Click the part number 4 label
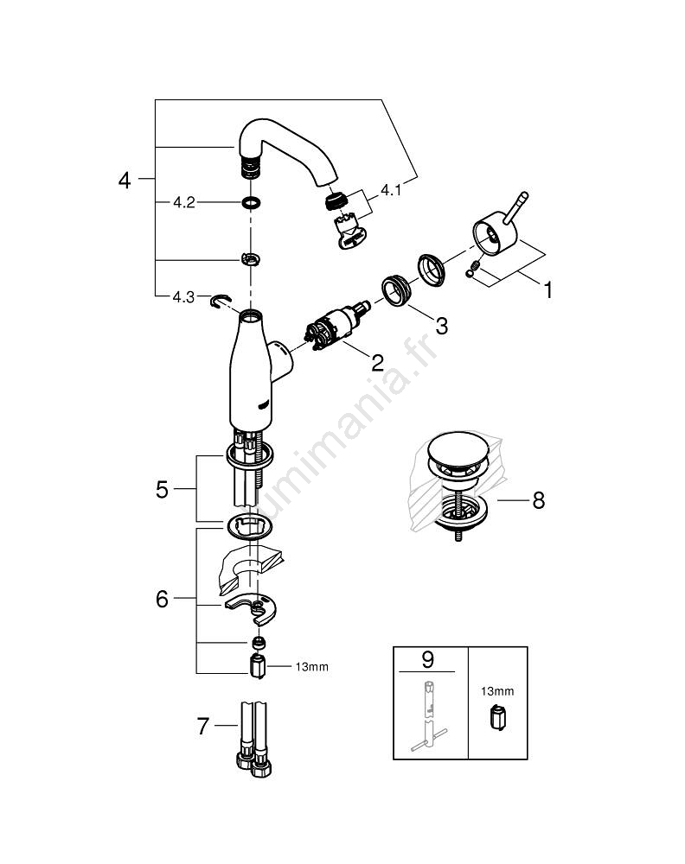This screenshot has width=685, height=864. pyautogui.click(x=125, y=181)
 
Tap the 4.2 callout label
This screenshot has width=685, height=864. pyautogui.click(x=183, y=203)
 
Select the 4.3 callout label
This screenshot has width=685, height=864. pyautogui.click(x=182, y=296)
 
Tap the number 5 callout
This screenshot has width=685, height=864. pyautogui.click(x=162, y=490)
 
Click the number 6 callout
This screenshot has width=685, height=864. pyautogui.click(x=162, y=599)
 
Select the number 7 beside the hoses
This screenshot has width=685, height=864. pyautogui.click(x=202, y=727)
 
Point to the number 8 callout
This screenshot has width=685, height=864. pyautogui.click(x=538, y=500)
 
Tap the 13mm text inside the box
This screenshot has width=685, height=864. pyautogui.click(x=497, y=690)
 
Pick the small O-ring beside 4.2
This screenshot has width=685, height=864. pyautogui.click(x=251, y=204)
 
